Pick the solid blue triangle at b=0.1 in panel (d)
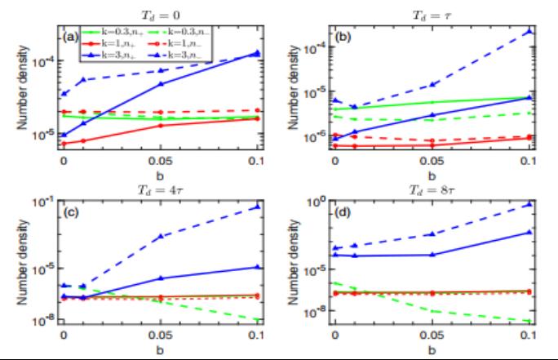coord(530,232)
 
